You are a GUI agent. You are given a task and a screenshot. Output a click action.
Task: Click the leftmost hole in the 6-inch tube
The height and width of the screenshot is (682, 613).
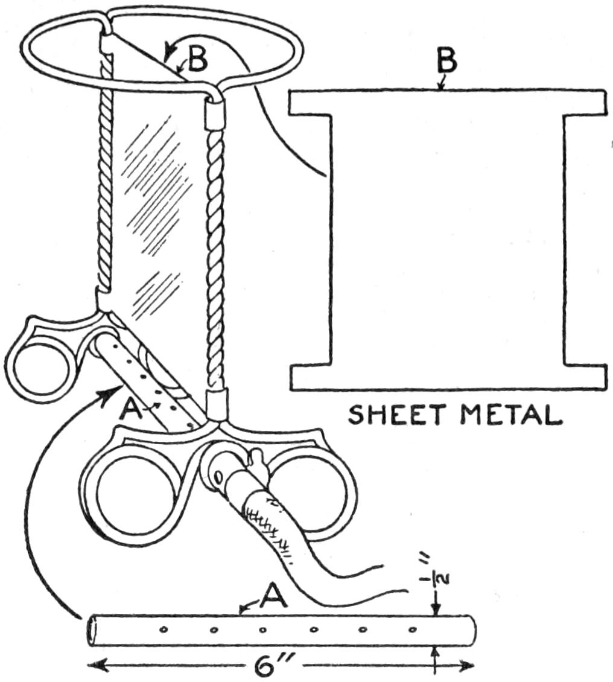164,631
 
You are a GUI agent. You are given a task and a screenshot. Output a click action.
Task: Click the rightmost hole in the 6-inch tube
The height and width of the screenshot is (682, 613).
412,631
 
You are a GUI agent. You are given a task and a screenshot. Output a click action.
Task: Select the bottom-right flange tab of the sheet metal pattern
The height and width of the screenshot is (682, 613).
585,377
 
